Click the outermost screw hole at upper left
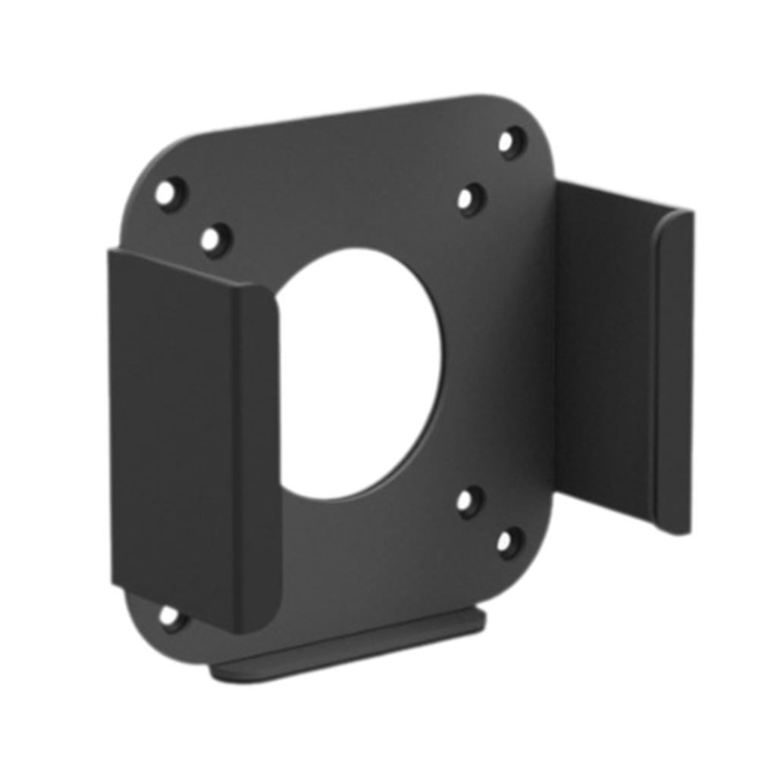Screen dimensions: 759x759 169,192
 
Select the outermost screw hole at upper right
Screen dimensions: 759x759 511,142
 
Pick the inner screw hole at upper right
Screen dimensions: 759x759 470,199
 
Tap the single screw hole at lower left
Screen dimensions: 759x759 170,616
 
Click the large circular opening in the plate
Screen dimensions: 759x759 364,372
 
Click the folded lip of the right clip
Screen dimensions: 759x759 675,372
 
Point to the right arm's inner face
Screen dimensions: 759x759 607,356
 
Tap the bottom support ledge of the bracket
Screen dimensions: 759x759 349,645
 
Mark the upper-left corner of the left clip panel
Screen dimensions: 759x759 114,254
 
